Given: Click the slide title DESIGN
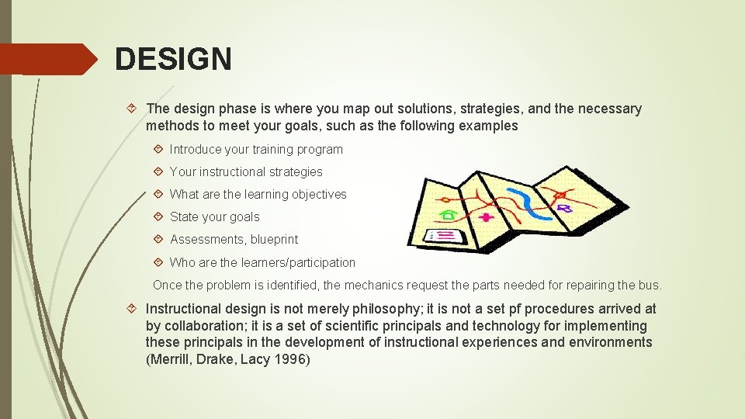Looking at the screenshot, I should tap(173, 59).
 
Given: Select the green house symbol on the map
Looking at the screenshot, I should tap(448, 213).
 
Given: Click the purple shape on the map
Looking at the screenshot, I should tap(565, 208).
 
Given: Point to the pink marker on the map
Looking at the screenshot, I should tap(487, 217).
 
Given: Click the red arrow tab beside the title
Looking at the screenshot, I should tap(50, 59).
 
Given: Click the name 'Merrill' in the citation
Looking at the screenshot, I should tap(168, 359).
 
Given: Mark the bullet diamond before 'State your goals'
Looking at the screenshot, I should tap(158, 217).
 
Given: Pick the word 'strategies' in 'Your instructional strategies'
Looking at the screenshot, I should tap(294, 171).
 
